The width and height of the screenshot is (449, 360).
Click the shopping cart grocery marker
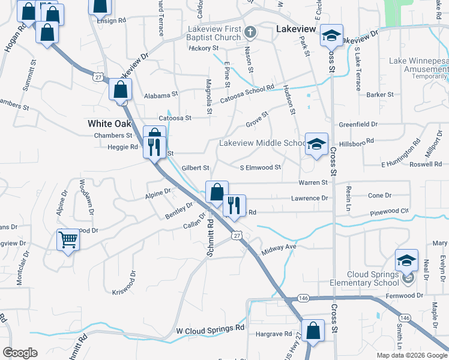pos(68,240)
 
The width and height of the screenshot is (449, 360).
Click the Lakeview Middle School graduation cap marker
pos(316,145)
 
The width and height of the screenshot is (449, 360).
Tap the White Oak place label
pos(109,123)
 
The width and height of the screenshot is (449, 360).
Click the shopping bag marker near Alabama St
pos(121,90)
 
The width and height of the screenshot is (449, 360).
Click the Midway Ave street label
pos(279,247)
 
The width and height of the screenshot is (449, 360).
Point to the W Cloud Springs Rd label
pos(210,329)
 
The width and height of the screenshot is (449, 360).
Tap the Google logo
pos(20,353)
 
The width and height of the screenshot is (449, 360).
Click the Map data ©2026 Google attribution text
pos(411,355)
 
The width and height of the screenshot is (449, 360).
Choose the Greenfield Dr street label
pos(358,125)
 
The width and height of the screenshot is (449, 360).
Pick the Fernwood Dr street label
pos(406,295)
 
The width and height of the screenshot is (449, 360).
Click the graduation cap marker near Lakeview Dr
pos(331,36)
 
